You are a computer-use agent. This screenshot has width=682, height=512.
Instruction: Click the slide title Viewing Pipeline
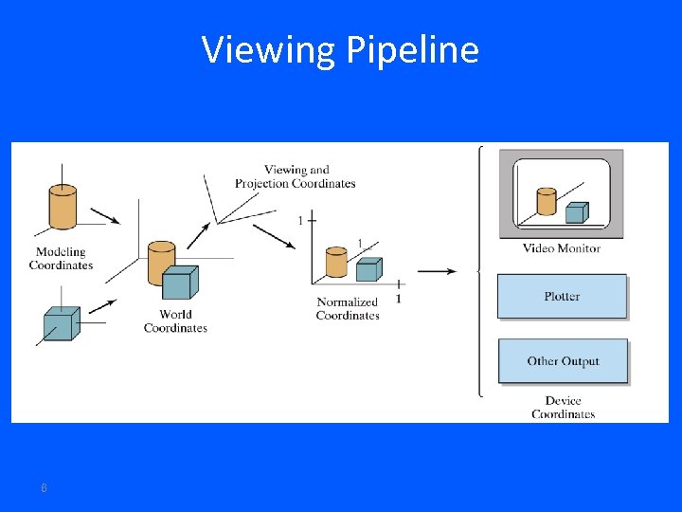(340, 49)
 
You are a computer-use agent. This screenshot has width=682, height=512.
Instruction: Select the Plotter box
(562, 297)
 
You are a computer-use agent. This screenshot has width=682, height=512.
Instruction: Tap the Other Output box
(563, 361)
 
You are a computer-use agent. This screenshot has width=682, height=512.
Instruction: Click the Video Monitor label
(562, 248)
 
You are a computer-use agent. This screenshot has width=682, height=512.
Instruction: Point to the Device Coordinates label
(563, 408)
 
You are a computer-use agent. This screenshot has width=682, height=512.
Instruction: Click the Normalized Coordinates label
(348, 309)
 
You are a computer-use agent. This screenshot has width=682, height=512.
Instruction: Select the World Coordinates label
(175, 321)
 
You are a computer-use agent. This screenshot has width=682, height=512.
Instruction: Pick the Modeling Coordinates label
(61, 259)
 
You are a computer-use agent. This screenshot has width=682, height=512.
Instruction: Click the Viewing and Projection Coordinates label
(296, 177)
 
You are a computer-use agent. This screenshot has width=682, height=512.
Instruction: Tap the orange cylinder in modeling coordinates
(63, 207)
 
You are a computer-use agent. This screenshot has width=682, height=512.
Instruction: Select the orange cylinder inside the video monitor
(546, 201)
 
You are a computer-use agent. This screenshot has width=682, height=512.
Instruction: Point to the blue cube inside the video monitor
(575, 212)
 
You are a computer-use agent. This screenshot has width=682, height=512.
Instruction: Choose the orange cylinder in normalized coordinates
(336, 263)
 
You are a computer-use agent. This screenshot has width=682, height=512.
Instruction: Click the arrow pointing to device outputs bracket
(436, 271)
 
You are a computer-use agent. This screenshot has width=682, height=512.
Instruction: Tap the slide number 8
(44, 488)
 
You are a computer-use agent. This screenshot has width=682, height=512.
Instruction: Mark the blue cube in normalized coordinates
(368, 270)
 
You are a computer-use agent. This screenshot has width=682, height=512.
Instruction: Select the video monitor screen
(562, 193)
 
